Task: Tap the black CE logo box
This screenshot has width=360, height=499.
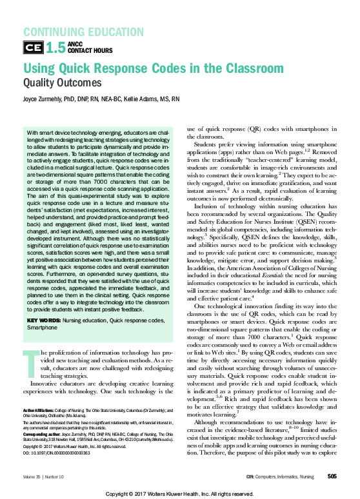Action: pos(33,46)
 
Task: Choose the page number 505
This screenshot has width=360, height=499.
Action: pos(332,476)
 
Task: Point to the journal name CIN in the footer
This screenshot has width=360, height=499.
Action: pos(251,476)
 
